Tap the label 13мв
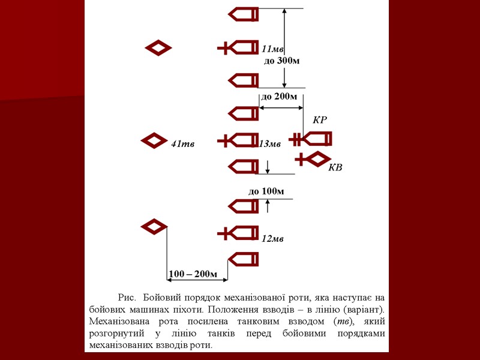click(x=270, y=143)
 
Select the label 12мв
click(x=272, y=239)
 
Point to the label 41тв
click(x=183, y=143)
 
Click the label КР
click(x=320, y=120)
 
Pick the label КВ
click(x=335, y=167)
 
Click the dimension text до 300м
click(x=281, y=61)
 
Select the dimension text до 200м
click(x=278, y=97)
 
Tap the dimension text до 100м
click(x=266, y=191)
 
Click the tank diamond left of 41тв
click(x=154, y=141)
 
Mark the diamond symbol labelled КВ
click(x=312, y=159)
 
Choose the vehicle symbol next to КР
click(x=311, y=140)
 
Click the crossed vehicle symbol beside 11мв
click(x=238, y=48)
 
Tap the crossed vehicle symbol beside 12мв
click(x=238, y=233)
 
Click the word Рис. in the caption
click(x=127, y=298)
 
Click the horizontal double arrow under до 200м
click(x=281, y=108)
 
